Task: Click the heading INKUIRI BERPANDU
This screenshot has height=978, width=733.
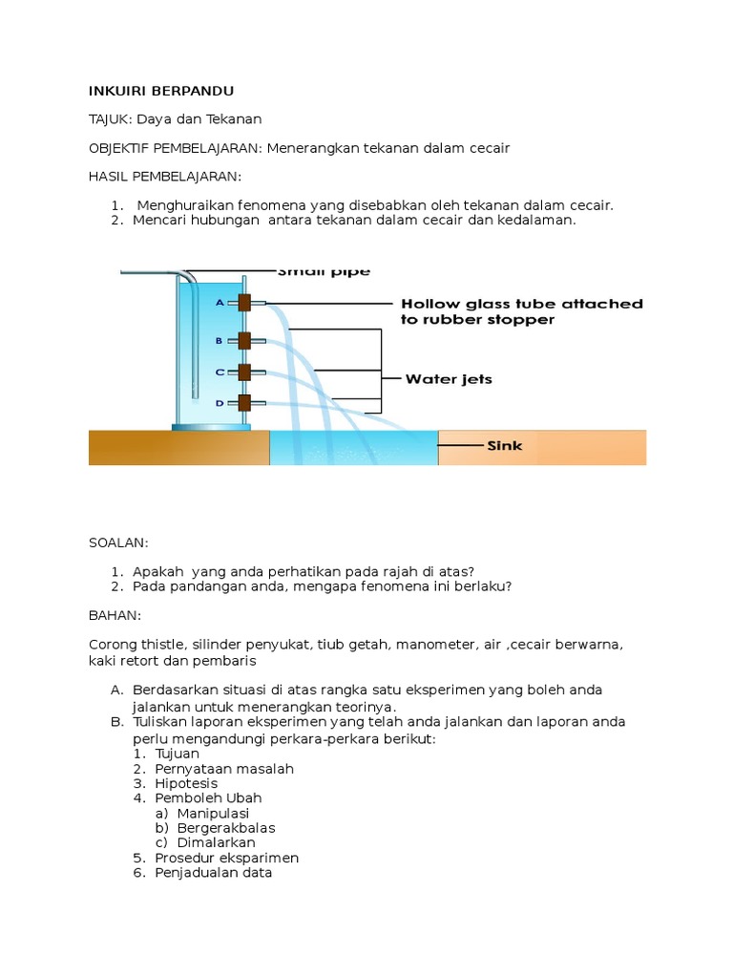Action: [161, 91]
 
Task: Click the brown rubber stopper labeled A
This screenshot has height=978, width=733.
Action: [244, 303]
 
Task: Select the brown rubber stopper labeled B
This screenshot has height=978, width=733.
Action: [244, 340]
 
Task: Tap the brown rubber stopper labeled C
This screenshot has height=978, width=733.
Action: [244, 372]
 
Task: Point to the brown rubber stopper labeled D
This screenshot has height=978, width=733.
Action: [244, 403]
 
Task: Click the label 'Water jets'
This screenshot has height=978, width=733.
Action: [449, 379]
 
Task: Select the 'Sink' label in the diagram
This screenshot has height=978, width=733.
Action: [505, 445]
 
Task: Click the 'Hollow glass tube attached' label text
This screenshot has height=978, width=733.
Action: [521, 304]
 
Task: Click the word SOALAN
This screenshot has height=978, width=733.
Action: [118, 542]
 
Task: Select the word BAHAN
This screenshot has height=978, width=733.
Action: [115, 615]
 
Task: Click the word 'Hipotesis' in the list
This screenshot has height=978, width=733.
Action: [188, 783]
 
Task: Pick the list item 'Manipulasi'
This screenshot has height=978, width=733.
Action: [201, 813]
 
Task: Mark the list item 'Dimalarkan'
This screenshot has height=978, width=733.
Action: [204, 842]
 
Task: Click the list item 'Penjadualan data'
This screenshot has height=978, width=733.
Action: [214, 872]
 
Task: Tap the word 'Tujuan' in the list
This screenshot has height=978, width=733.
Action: [178, 754]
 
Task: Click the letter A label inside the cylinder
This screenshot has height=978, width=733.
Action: [219, 303]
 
